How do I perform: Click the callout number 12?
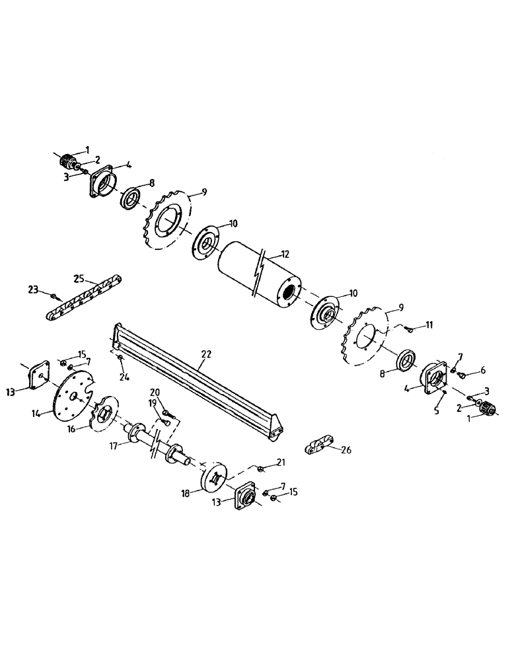285,253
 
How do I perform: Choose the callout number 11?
429,325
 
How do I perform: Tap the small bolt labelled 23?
54,293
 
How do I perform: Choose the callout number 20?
155,391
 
